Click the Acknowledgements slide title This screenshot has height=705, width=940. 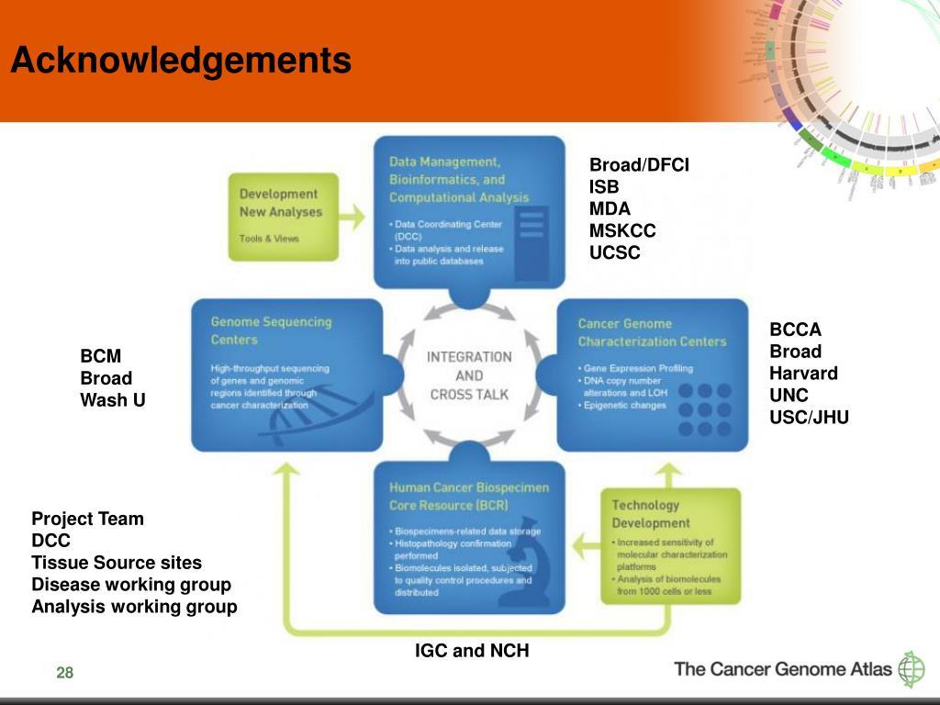pyautogui.click(x=181, y=62)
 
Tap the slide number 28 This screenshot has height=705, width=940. pyautogui.click(x=64, y=674)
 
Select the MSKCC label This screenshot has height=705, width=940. pyautogui.click(x=622, y=230)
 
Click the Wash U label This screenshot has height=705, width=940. pyautogui.click(x=113, y=400)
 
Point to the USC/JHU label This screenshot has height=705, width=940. pyautogui.click(x=809, y=418)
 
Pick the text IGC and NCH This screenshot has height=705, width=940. pyautogui.click(x=472, y=651)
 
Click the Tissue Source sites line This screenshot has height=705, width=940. pyautogui.click(x=117, y=563)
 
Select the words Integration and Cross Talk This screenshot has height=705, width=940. pyautogui.click(x=469, y=375)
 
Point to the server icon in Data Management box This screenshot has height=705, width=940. pyautogui.click(x=532, y=241)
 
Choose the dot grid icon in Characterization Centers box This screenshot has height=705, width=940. pyautogui.click(x=705, y=409)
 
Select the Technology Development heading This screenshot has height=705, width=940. pyautogui.click(x=645, y=514)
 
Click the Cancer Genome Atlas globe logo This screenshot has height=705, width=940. pyautogui.click(x=912, y=669)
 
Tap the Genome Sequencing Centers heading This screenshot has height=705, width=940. pyautogui.click(x=271, y=331)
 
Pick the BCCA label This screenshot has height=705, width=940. pyautogui.click(x=795, y=330)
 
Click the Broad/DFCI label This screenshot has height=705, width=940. pyautogui.click(x=639, y=165)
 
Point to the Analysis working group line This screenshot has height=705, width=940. pyautogui.click(x=134, y=607)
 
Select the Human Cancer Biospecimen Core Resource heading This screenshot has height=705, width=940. pyautogui.click(x=469, y=497)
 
